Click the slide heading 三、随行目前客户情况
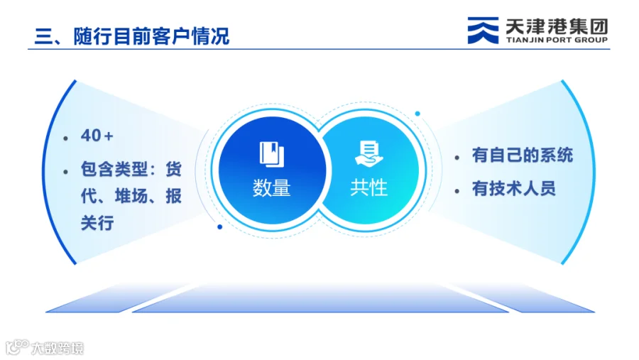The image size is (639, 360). (x=132, y=36)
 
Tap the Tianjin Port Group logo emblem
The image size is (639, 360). (x=483, y=30)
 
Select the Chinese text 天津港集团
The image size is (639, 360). (x=557, y=27)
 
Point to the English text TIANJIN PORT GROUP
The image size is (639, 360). (x=557, y=40)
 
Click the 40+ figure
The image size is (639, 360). (x=97, y=136)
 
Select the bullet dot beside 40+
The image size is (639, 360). (x=65, y=138)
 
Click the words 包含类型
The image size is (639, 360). (x=114, y=169)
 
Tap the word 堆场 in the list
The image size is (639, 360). (x=131, y=196)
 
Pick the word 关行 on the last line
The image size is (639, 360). (x=97, y=223)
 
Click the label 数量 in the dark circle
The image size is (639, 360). (x=271, y=188)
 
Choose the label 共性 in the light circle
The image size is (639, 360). (x=368, y=188)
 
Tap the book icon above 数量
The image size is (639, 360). (x=272, y=154)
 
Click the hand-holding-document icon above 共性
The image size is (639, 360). (x=368, y=153)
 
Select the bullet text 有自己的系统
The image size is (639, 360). (x=523, y=156)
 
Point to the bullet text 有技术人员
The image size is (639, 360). (x=514, y=189)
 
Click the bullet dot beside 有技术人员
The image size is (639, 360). (x=457, y=191)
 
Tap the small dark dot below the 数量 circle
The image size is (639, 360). (x=219, y=227)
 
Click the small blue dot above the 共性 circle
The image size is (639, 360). (x=417, y=114)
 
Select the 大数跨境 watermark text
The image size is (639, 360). (x=58, y=348)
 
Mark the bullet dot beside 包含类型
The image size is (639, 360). (x=65, y=173)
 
